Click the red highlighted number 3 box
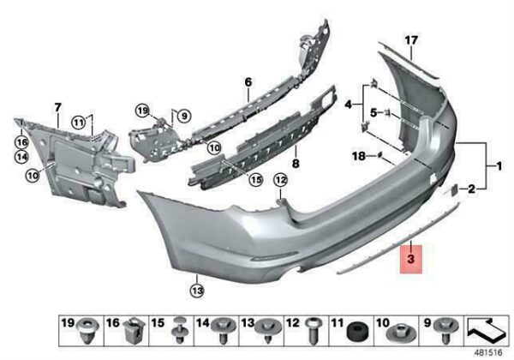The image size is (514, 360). [411, 259]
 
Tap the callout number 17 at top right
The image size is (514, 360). [411, 40]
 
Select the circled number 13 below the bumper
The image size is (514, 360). [197, 291]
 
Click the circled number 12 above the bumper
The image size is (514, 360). [281, 180]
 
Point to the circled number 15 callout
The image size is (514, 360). [255, 179]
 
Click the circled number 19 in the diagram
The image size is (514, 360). [143, 111]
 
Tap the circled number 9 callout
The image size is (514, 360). [184, 116]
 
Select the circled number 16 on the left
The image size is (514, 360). [21, 142]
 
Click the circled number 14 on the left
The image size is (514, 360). [21, 157]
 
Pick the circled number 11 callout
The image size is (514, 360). [79, 123]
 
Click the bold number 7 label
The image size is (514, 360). [57, 107]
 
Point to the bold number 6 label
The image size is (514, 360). [248, 82]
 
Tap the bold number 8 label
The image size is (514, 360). [296, 163]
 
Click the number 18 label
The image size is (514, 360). [359, 156]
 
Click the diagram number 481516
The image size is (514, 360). [488, 353]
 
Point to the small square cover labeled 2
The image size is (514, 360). [454, 190]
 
